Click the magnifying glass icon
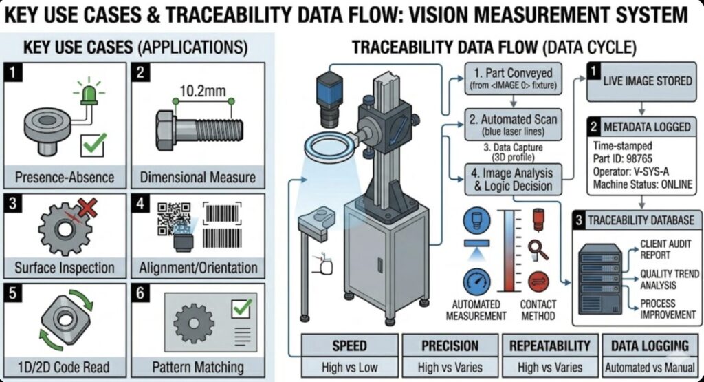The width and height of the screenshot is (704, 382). point(538,249)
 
